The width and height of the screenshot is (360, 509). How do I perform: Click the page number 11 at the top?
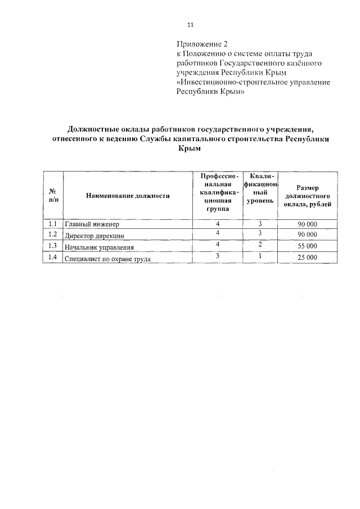190,25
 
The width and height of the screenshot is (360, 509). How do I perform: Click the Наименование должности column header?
128,196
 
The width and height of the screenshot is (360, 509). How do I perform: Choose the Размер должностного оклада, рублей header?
308,195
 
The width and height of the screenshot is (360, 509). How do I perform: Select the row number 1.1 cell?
53,224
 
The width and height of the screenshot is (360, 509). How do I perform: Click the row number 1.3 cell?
53,246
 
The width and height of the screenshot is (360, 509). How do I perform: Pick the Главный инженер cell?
89,225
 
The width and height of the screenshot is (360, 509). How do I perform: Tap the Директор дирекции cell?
94,236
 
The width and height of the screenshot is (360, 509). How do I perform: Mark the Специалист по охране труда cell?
108,259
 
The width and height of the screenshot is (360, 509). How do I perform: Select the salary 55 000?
308,246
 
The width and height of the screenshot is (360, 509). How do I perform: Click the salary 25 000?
308,258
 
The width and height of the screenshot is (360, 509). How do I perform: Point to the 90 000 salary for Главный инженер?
308,224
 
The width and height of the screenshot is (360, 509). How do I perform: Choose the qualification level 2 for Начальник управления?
260,245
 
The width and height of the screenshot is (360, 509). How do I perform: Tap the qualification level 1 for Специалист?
260,256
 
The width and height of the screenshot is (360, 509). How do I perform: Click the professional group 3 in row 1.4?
217,256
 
